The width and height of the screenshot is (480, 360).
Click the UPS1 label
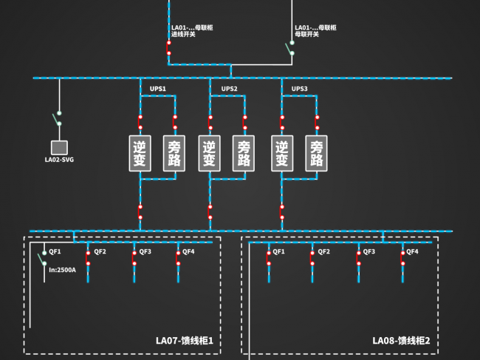157,89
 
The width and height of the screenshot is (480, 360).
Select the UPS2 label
229,89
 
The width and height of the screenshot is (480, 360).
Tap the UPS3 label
299,89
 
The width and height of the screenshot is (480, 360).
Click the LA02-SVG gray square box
59,148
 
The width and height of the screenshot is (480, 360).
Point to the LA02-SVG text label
59,160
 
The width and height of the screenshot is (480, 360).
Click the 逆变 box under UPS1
140,153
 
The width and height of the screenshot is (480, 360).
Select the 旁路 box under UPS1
174,153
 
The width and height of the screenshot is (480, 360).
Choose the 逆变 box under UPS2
210,153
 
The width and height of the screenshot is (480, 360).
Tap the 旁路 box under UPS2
244,153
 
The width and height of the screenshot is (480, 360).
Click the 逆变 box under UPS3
282,153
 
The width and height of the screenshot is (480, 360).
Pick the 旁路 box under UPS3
317,153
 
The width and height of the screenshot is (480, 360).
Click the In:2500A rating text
63,270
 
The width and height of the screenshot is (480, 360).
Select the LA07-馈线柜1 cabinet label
185,341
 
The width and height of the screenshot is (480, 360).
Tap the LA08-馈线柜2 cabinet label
401,341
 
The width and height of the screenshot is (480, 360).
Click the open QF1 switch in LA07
42,258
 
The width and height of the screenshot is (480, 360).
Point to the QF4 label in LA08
412,251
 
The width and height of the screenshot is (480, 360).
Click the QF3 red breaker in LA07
134,258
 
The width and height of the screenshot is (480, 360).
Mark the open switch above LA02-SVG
58,118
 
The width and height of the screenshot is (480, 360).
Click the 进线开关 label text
183,34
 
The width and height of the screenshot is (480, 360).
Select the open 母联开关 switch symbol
290,48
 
